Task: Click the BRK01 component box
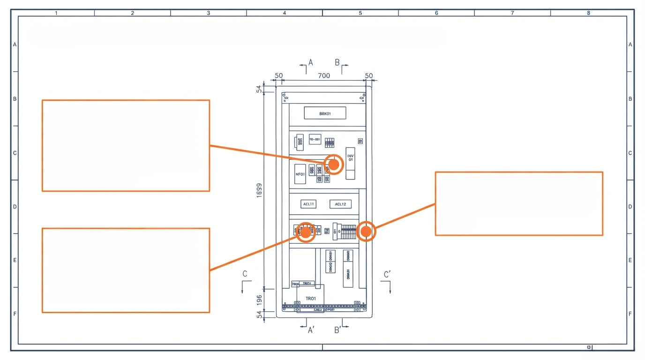(x=325, y=113)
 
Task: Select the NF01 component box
(x=300, y=174)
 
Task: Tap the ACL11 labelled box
(x=309, y=204)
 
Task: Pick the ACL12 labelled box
(x=340, y=204)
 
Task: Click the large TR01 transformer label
(x=311, y=299)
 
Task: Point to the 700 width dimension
(x=324, y=76)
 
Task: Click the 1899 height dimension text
(x=259, y=190)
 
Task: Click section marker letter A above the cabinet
(x=310, y=63)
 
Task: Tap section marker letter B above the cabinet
(x=337, y=63)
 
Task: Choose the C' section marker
(x=387, y=275)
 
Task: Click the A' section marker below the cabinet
(x=311, y=330)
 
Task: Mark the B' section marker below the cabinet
(x=337, y=330)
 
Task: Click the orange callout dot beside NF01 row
(x=334, y=164)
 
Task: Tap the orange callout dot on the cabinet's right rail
(x=366, y=231)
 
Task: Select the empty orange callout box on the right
(x=518, y=203)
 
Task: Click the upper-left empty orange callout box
(x=126, y=145)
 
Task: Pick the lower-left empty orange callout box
(x=126, y=270)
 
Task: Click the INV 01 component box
(x=350, y=164)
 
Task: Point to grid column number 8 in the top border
(x=588, y=13)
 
